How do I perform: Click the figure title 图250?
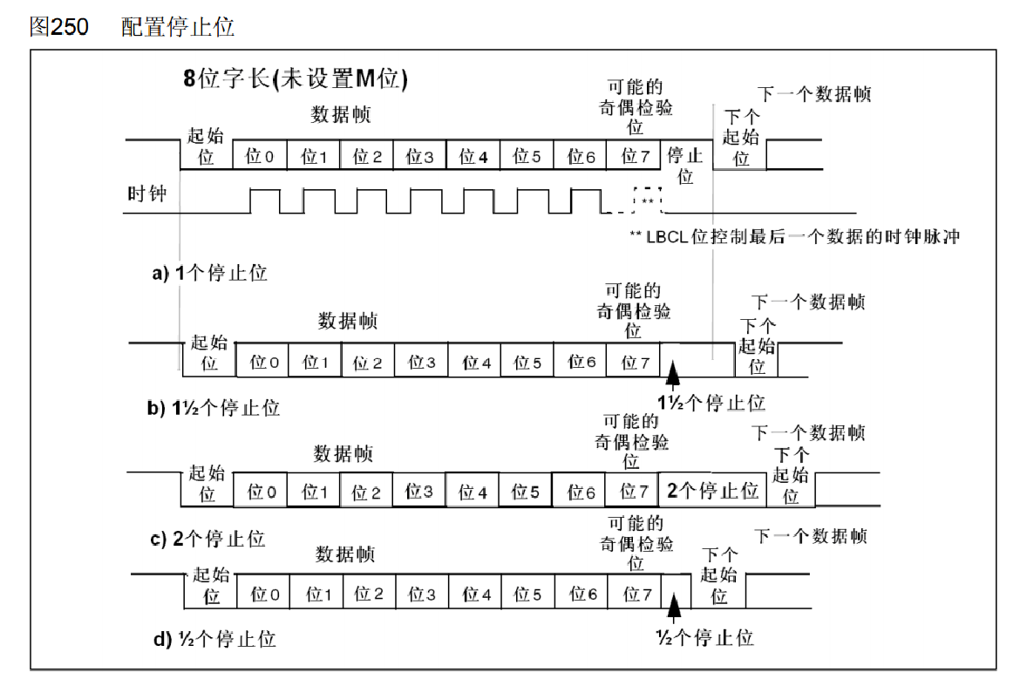click(59, 27)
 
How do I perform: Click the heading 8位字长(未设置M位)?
click(296, 79)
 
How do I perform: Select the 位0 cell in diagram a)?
click(260, 156)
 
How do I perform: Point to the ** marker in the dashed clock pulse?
click(648, 200)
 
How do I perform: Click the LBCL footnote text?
click(793, 236)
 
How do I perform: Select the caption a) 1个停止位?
click(209, 273)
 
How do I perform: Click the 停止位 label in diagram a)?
click(685, 166)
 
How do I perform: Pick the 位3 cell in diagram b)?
click(422, 362)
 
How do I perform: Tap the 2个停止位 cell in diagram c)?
click(712, 491)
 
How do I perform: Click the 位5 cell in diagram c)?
click(525, 492)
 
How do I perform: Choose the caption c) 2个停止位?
click(207, 539)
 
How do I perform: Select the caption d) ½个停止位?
click(214, 639)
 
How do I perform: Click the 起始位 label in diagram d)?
click(212, 585)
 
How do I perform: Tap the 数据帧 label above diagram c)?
click(343, 454)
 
